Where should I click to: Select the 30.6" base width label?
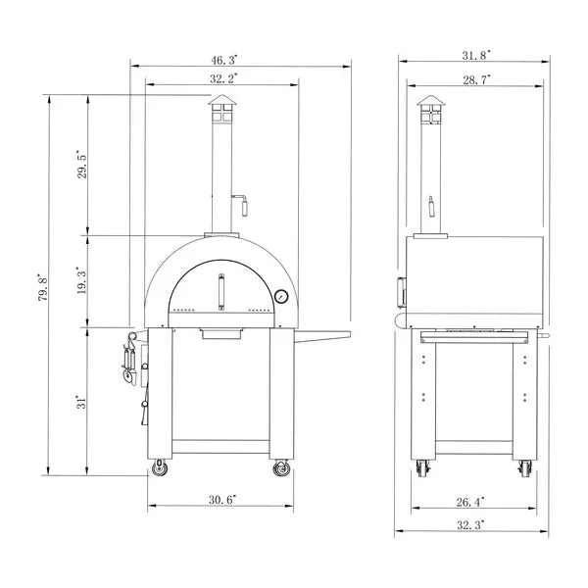(222, 499)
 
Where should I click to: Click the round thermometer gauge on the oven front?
(282, 294)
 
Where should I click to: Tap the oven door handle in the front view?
(221, 290)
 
